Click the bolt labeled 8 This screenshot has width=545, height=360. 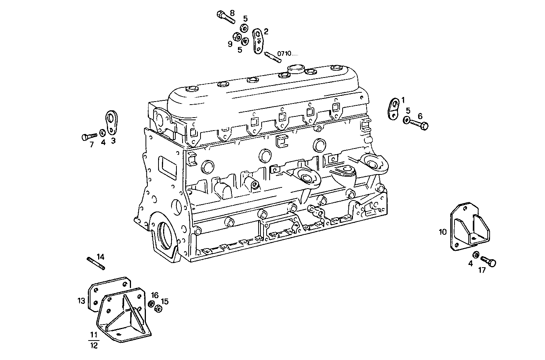[226, 17]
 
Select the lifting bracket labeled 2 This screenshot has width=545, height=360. [259, 41]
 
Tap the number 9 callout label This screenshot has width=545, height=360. [230, 44]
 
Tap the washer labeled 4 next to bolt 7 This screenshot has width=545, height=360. [102, 133]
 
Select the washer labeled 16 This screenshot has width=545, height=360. [151, 304]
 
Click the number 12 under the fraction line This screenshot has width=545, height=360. [94, 345]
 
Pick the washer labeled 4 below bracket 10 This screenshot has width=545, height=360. [476, 255]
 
